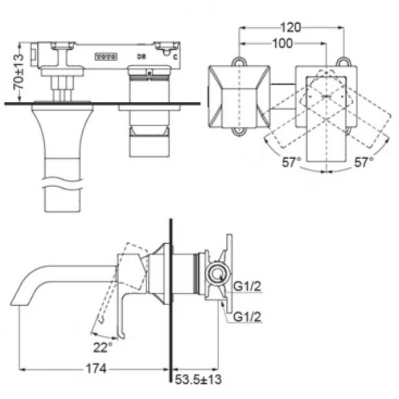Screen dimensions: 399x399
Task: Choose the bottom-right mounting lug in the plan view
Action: [x=343, y=131]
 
